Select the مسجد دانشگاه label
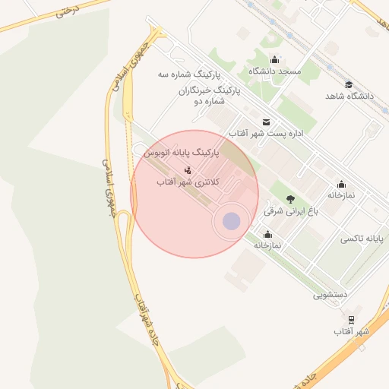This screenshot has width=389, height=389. (275, 71)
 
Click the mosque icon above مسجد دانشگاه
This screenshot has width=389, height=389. (275, 60)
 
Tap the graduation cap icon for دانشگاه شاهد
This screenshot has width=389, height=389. (349, 84)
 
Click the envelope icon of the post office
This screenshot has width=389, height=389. (266, 122)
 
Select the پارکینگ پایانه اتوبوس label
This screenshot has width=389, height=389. (182, 153)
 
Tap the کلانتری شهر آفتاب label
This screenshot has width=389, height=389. (188, 182)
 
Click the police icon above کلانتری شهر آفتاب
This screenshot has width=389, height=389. (188, 169)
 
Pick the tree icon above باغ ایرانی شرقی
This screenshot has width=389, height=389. (290, 199)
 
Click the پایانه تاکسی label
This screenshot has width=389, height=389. (362, 239)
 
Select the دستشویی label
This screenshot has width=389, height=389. (330, 294)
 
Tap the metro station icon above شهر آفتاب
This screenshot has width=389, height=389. (351, 321)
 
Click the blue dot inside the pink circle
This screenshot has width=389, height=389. (231, 221)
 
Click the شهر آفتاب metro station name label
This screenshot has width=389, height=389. (351, 332)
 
